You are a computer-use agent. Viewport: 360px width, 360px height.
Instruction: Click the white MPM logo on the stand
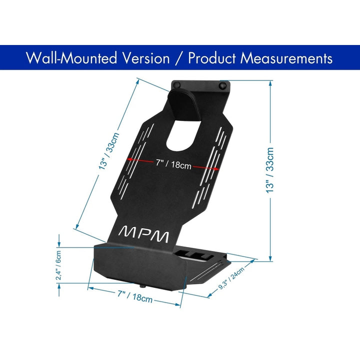pos(143,234)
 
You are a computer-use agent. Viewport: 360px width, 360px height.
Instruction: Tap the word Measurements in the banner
pos(286,58)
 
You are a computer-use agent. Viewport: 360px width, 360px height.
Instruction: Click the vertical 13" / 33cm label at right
pos(270,170)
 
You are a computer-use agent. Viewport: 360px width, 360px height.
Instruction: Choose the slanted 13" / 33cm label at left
pos(109,150)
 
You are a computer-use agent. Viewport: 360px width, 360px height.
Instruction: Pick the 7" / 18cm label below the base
pos(135,296)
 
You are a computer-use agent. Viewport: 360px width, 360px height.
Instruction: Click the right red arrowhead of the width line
pos(216,169)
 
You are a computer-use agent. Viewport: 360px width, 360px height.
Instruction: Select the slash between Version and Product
pos(179,58)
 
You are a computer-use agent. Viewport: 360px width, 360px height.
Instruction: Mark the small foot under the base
pos(143,286)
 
